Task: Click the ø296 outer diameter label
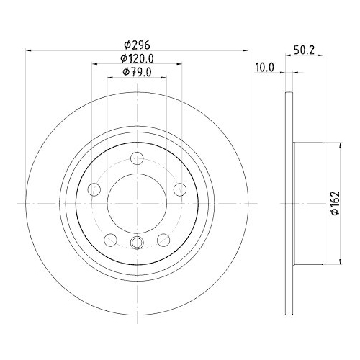coord(137,44)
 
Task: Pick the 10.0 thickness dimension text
coord(266,68)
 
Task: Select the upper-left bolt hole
coord(94,189)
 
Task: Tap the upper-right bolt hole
coord(180,189)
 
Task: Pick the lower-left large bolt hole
coord(110,240)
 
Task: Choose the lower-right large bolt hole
coord(163,240)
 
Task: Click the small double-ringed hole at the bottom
coord(137,243)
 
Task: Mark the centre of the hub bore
coord(137,204)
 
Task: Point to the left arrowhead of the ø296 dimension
coord(29,50)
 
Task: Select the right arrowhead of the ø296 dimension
coord(246,50)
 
